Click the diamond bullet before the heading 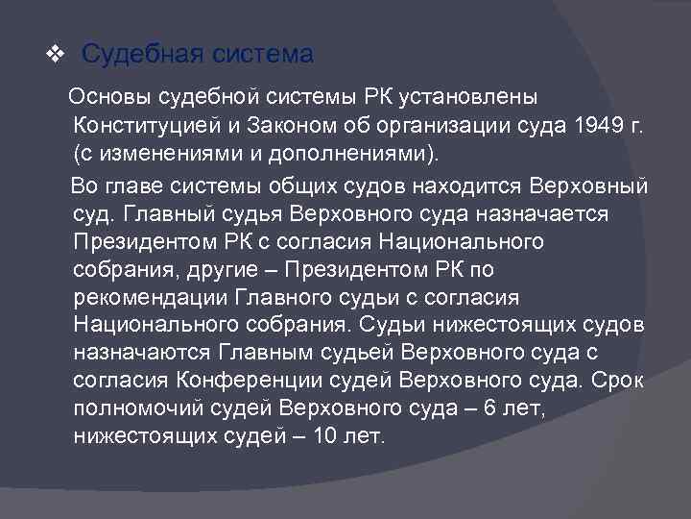click(55, 56)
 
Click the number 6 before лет click(490, 408)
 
